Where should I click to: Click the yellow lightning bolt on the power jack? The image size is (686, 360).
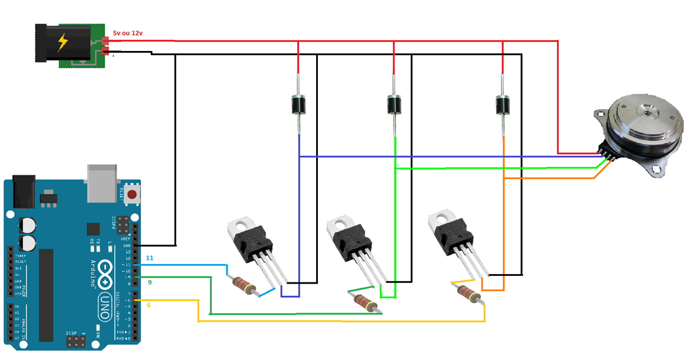[x=62, y=43]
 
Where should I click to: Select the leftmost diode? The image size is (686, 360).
[x=298, y=105]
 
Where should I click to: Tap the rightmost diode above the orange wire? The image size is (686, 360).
[x=503, y=105]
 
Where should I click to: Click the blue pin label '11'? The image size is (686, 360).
[x=149, y=258]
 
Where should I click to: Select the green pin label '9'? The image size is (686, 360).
[x=150, y=282]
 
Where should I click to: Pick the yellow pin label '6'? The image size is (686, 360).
[x=149, y=305]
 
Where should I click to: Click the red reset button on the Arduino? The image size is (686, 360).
[x=131, y=194]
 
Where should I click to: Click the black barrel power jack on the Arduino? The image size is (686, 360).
[x=22, y=193]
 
